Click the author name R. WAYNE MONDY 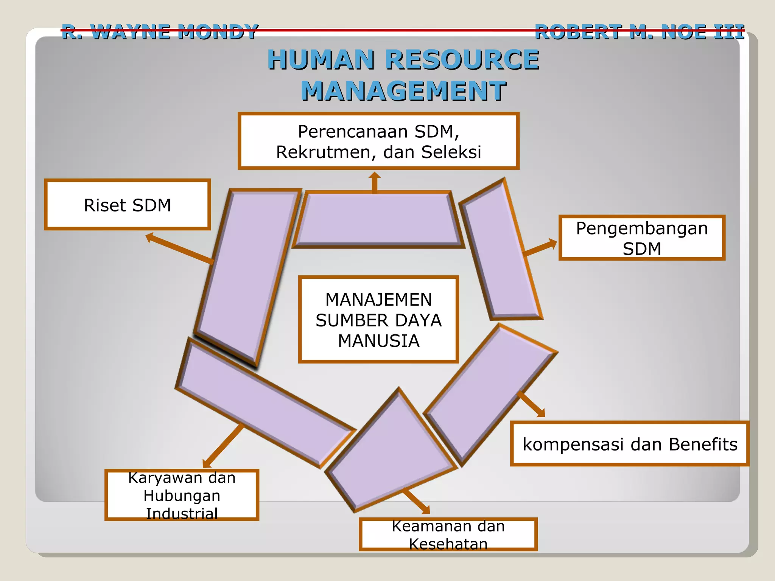(x=160, y=32)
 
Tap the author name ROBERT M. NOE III (x=640, y=32)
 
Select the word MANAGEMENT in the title (x=403, y=91)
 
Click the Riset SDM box (x=128, y=205)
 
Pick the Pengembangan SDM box (x=642, y=238)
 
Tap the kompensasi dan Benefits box (x=630, y=444)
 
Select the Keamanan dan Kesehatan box (x=448, y=534)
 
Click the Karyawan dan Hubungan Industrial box (x=182, y=495)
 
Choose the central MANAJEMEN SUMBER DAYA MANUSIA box (x=378, y=320)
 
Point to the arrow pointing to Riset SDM (x=178, y=248)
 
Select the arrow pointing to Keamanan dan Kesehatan (x=416, y=501)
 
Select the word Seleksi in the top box (x=451, y=152)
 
